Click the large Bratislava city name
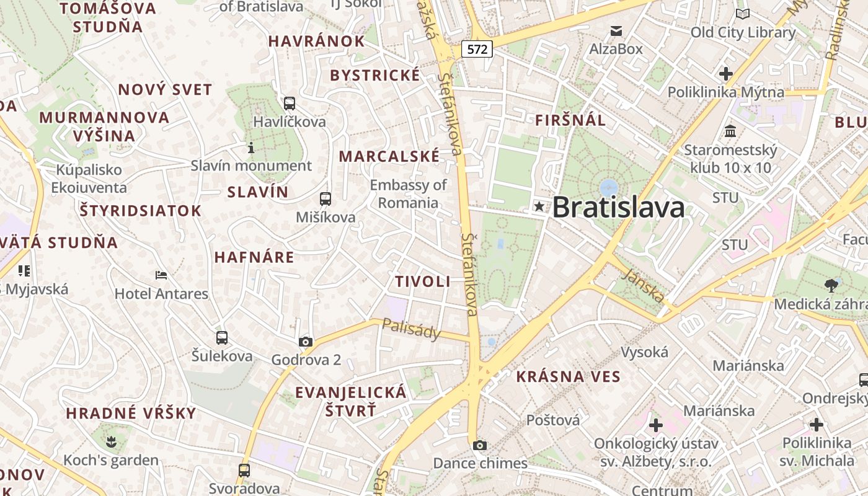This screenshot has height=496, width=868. (x=618, y=207)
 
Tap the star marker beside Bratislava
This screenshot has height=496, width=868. (x=539, y=207)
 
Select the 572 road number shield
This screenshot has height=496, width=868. (x=477, y=49)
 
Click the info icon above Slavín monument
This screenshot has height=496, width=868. (x=251, y=148)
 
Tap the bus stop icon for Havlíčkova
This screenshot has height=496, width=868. (x=289, y=104)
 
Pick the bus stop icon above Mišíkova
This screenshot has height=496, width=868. (x=325, y=199)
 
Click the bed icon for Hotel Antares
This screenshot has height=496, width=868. (x=161, y=275)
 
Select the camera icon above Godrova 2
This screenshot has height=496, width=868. (x=306, y=342)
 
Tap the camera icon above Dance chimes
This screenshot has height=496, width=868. (x=479, y=445)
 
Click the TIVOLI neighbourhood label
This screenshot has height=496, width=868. (x=423, y=281)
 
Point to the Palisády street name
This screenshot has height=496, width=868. (x=411, y=329)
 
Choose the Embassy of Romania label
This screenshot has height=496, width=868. (x=408, y=194)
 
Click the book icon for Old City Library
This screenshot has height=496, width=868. (x=742, y=14)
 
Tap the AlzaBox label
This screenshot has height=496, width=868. (x=616, y=48)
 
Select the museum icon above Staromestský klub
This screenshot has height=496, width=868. (x=730, y=131)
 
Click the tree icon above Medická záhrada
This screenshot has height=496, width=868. (x=831, y=285)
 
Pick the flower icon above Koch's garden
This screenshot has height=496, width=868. (x=112, y=441)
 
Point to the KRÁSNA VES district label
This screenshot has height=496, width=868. (x=568, y=376)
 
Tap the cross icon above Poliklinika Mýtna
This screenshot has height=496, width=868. (x=725, y=74)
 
